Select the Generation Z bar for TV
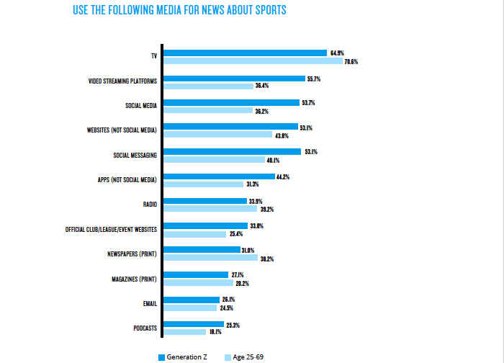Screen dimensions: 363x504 (x=245, y=53)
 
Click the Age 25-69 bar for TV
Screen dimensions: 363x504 (x=253, y=61)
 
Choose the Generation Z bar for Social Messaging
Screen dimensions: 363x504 (x=232, y=151)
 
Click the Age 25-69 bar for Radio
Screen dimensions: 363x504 (x=211, y=209)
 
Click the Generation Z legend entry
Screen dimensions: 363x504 (x=185, y=357)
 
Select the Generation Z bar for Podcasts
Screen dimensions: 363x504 (x=193, y=324)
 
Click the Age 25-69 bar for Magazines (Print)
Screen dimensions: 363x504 (x=189, y=283)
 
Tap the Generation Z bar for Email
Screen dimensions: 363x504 (x=192, y=300)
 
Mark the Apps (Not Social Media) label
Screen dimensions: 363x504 (x=127, y=180)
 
